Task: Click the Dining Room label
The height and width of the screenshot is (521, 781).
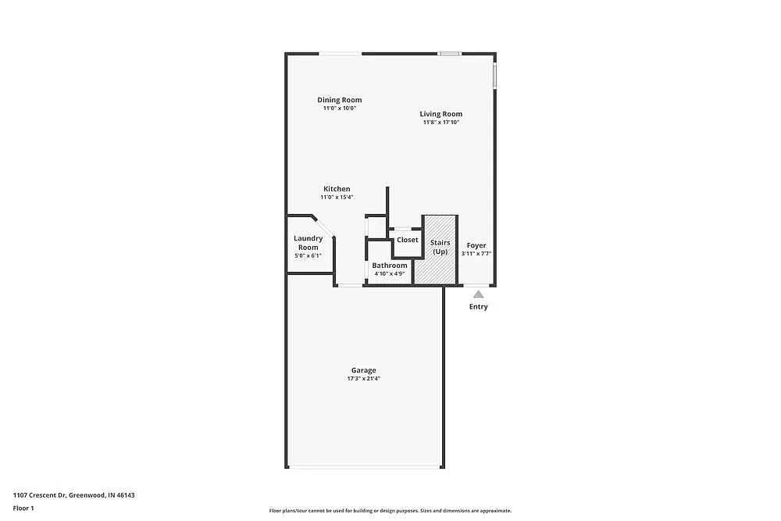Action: tap(339, 100)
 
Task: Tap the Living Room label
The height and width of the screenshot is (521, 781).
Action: tap(441, 114)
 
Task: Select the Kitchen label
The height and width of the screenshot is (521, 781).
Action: tap(337, 189)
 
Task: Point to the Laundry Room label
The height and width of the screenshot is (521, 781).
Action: tap(308, 243)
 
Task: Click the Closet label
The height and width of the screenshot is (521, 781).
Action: tap(408, 240)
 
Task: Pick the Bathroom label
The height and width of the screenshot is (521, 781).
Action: tap(389, 266)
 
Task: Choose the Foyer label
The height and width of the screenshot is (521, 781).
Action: tap(476, 245)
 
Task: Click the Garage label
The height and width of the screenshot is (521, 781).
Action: tap(363, 370)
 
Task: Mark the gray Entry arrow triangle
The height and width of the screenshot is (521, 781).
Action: tap(479, 294)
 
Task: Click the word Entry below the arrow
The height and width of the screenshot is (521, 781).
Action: tap(478, 307)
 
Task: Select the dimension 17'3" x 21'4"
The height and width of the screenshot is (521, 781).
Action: tap(363, 379)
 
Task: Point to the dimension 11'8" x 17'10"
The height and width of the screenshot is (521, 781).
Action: tap(441, 123)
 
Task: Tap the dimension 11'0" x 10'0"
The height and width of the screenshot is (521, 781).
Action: tap(339, 109)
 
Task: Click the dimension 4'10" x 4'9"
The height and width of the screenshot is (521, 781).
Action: tap(389, 274)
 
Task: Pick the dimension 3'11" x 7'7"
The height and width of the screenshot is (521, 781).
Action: tap(476, 254)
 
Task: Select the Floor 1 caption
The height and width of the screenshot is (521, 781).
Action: tap(23, 508)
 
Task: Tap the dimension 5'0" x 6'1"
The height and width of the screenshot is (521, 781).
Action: tap(308, 256)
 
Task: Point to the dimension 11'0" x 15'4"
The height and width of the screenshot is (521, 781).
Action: tap(337, 198)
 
